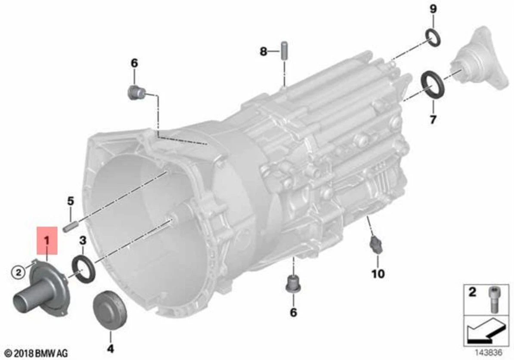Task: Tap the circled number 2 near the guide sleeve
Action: [x=18, y=272]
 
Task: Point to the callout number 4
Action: [x=110, y=348]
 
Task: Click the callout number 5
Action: [x=71, y=201]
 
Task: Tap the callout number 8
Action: [x=263, y=52]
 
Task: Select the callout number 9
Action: [x=433, y=9]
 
